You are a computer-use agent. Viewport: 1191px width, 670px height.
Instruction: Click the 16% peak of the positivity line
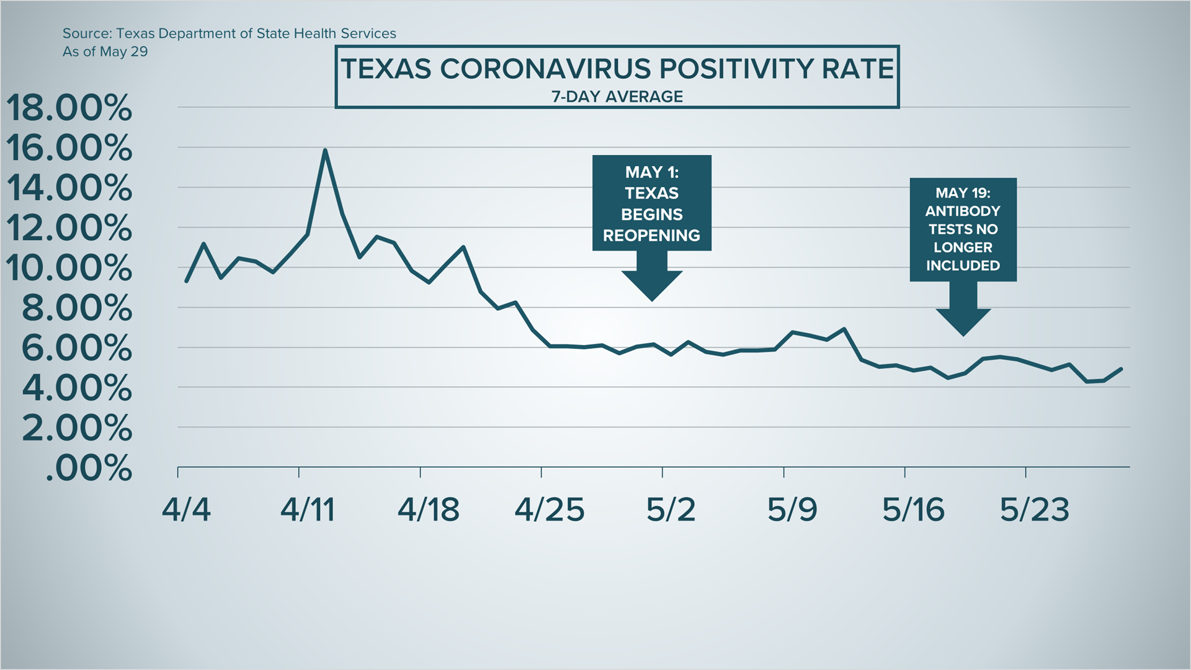pos(325,151)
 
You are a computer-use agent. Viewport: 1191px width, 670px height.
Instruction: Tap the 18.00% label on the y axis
pos(69,108)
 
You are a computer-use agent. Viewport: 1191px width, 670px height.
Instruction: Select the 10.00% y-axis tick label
pos(69,268)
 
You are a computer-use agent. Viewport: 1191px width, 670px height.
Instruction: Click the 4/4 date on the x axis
pos(186,510)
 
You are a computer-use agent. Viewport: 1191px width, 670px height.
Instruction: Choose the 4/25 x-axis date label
pos(550,510)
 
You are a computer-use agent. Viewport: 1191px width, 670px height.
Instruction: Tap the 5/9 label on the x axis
pos(792,510)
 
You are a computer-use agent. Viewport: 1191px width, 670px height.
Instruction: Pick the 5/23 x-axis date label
pos(1035,510)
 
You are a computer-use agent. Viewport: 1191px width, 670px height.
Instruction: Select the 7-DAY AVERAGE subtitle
pos(617,97)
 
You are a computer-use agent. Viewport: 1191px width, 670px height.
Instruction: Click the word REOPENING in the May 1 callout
pos(651,236)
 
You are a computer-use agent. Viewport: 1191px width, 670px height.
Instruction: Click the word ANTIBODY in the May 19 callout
pos(963,211)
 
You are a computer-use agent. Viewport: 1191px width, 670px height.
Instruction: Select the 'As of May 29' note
pos(105,51)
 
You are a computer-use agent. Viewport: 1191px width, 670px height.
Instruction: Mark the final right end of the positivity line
pos(1122,369)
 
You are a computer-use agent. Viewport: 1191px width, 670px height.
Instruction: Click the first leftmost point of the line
pos(187,282)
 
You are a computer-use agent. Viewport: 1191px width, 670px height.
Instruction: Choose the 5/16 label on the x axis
pos(913,510)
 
